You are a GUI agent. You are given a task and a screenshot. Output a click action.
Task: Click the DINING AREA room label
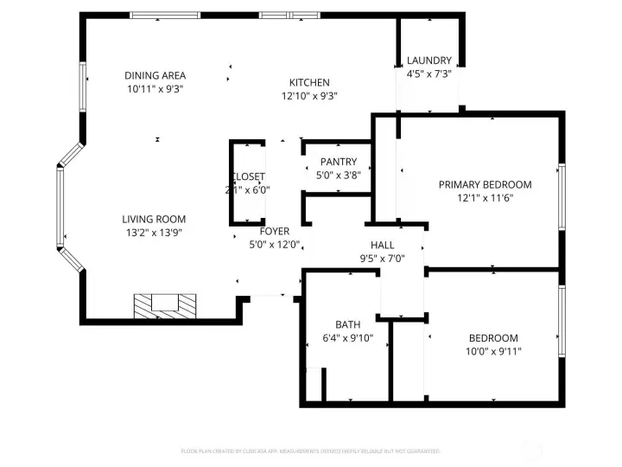coord(155,76)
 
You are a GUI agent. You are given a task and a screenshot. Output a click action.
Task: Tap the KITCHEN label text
coord(308,83)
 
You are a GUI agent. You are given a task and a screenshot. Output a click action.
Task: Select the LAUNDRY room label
coord(429,61)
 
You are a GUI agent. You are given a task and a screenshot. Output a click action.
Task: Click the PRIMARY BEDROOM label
coord(485,185)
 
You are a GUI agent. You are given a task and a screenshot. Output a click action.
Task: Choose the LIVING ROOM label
coord(153,220)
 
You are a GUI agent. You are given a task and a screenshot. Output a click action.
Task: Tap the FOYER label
coord(274,232)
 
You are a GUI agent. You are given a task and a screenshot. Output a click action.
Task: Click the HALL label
coord(382,246)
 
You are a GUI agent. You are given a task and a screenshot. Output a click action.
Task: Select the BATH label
coord(347,325)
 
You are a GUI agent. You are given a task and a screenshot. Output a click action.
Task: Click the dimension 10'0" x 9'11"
coord(493,351)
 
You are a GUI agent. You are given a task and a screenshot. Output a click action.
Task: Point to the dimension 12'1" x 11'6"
coord(485,198)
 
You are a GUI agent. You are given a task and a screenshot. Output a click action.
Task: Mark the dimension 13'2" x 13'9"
coord(153,232)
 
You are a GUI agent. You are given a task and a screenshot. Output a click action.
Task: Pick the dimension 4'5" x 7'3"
coord(429,74)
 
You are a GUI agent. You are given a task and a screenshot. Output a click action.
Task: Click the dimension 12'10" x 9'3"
coord(308,96)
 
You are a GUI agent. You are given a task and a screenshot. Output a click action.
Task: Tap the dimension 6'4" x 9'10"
coord(347,338)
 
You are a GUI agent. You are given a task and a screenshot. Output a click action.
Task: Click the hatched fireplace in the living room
coord(164,304)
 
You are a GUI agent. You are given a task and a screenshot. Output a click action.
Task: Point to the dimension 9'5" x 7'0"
coord(382,259)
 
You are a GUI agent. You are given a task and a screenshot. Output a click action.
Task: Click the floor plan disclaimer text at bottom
coord(310,451)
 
